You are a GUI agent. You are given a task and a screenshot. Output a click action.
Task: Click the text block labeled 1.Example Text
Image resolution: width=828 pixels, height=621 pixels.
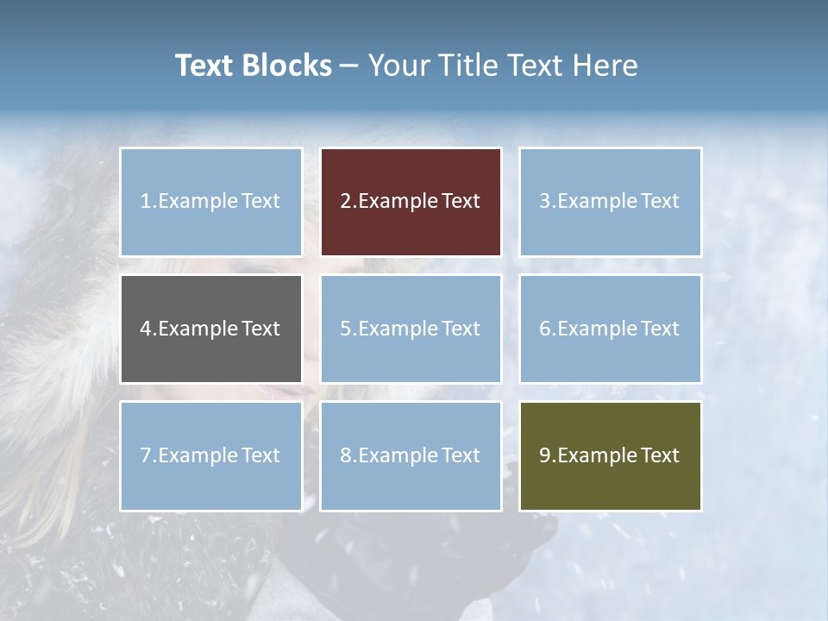(210, 202)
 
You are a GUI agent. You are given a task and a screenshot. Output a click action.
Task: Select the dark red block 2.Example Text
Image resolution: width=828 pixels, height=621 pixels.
(411, 202)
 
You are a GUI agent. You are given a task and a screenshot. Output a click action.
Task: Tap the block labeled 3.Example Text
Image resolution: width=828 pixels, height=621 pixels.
(610, 202)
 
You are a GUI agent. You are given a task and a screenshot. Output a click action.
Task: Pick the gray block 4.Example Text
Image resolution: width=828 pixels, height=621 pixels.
(210, 329)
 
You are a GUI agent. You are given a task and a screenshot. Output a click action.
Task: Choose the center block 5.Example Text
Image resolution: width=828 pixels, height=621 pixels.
(411, 329)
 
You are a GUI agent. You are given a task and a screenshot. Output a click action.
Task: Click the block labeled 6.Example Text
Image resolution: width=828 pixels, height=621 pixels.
(610, 329)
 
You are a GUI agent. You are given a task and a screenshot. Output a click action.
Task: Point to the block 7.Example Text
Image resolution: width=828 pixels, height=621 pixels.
(210, 455)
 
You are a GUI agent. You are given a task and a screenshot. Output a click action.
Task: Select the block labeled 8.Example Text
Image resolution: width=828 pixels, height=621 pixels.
(411, 455)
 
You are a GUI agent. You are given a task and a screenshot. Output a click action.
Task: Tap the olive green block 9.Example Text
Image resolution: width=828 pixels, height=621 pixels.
(610, 455)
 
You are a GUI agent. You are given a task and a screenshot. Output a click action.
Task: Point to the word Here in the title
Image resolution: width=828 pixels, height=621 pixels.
(606, 66)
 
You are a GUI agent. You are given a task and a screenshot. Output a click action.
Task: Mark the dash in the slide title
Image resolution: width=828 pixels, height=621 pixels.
(349, 66)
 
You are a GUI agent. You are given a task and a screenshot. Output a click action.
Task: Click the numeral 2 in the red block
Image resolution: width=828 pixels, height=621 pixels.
(345, 202)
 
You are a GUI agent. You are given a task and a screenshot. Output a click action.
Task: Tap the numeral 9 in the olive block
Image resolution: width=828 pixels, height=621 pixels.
(544, 455)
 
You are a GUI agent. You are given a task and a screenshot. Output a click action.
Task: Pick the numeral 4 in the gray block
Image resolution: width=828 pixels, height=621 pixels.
(145, 329)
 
